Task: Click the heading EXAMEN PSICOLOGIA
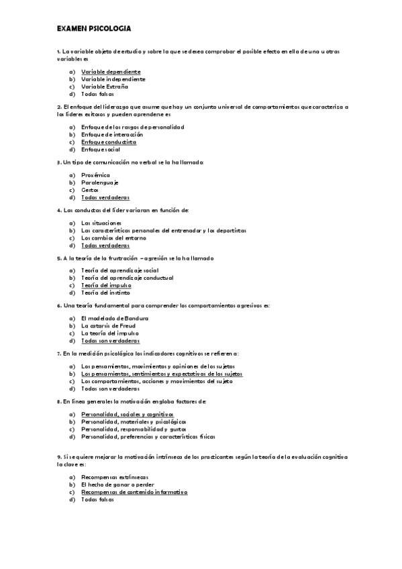[x=94, y=29]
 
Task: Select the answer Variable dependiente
[x=111, y=72]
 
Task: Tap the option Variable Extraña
[x=104, y=87]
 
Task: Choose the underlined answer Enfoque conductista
[x=109, y=142]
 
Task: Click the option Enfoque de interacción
[x=109, y=135]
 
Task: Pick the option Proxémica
[x=95, y=175]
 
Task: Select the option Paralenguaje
[x=99, y=183]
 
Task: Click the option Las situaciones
[x=101, y=223]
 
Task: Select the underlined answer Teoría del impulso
[x=106, y=285]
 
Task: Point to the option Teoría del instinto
[x=105, y=293]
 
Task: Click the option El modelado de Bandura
[x=115, y=318]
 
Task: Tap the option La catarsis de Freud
[x=109, y=325]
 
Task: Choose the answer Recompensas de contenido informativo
[x=134, y=492]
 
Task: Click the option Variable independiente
[x=113, y=79]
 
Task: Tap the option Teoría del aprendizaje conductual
[x=127, y=278]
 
